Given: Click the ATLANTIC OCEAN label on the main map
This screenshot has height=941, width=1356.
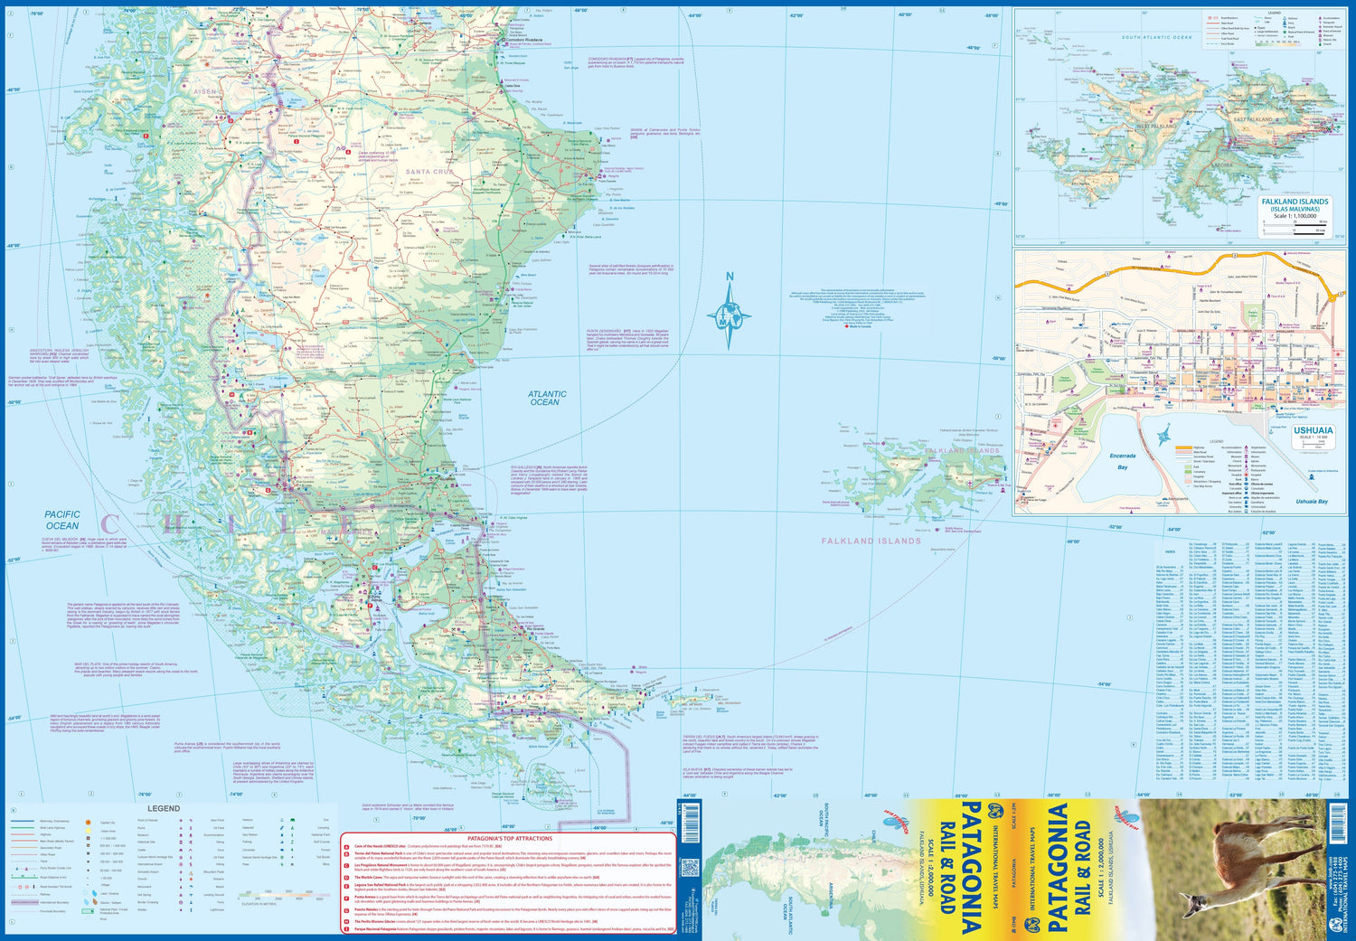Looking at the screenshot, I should [547, 398].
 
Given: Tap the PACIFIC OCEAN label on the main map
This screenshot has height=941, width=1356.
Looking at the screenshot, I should [62, 520].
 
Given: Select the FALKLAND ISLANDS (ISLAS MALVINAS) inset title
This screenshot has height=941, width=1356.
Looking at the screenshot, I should [1295, 205].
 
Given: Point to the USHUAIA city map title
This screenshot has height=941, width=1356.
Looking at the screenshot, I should [1313, 431].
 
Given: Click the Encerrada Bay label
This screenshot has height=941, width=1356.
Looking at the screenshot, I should [1122, 462].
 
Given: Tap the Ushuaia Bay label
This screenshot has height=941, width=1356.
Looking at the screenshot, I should [1311, 502].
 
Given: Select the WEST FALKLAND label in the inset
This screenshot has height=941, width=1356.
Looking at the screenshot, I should [1154, 127].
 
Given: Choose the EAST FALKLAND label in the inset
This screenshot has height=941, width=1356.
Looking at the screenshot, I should [1253, 119].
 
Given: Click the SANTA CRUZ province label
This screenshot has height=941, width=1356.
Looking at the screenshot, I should [429, 172].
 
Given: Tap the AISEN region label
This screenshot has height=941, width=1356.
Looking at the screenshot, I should [205, 92].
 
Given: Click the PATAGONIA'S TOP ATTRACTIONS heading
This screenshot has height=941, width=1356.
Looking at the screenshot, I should [509, 839].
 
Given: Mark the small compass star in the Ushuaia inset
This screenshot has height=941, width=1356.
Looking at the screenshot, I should [1163, 435].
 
